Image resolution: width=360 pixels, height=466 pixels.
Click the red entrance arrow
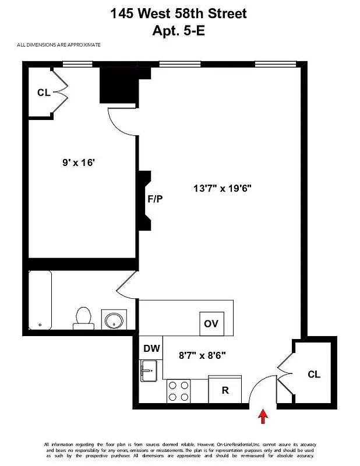point(263,416)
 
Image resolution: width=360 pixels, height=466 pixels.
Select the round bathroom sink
point(112,320)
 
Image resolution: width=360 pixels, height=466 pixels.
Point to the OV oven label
point(211,324)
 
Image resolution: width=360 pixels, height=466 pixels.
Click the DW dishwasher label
point(151,349)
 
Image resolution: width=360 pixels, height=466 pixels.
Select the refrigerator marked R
point(225,390)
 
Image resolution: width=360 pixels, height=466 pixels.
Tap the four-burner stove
point(179,390)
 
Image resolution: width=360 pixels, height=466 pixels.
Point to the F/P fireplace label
point(154,199)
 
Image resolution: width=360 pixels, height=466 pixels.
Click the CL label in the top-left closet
point(43,92)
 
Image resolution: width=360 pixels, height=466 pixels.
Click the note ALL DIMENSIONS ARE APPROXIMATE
point(59,45)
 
